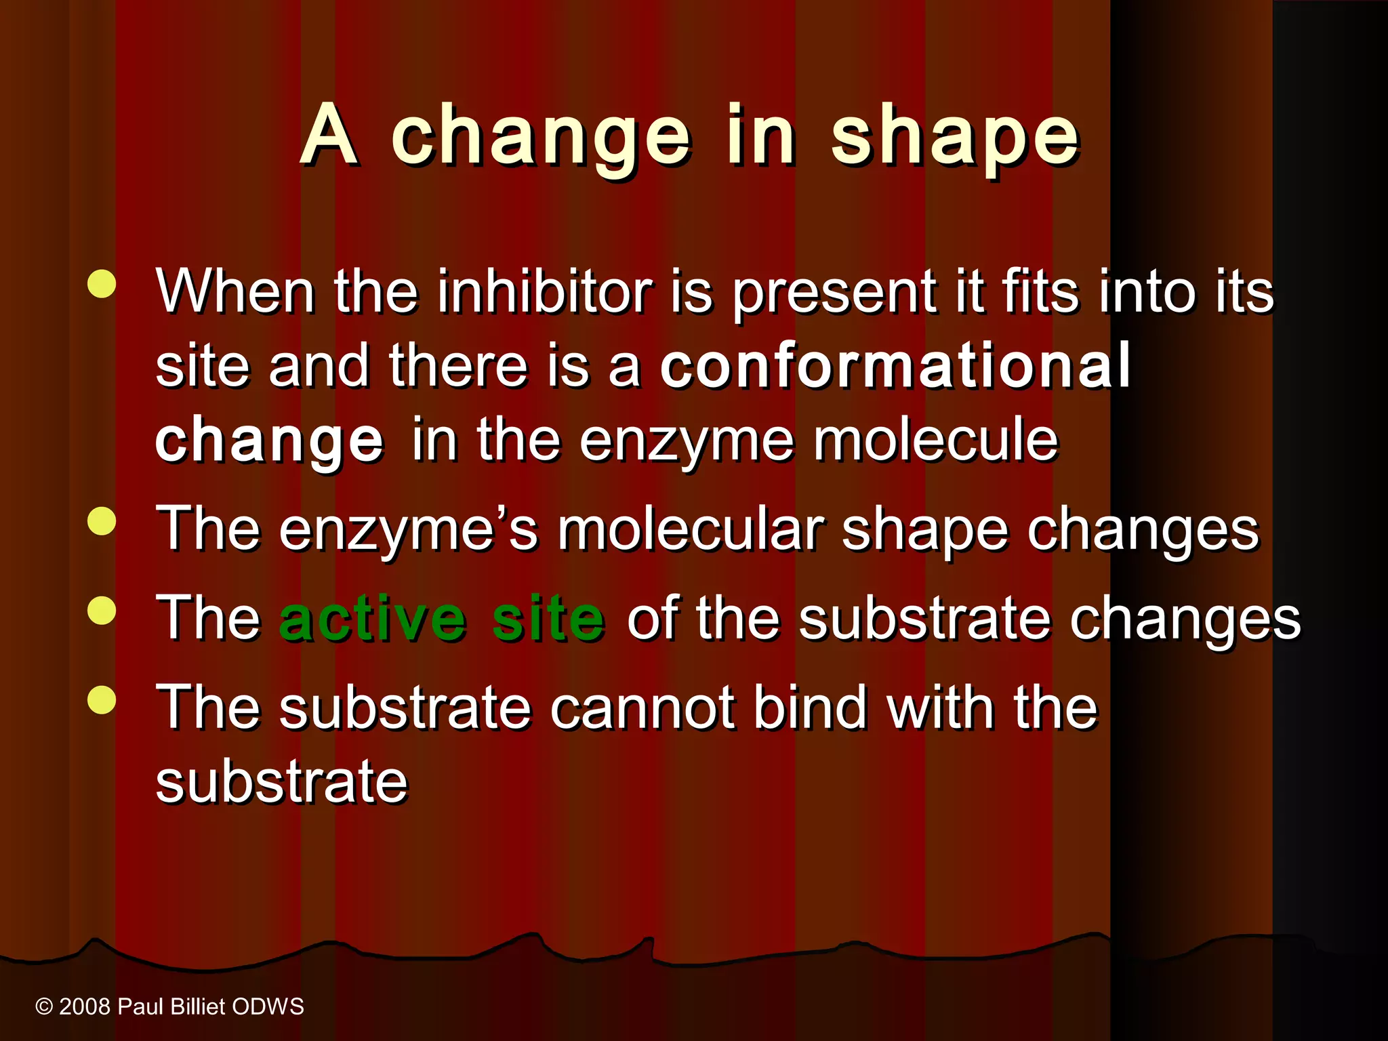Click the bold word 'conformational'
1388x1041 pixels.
coord(895,365)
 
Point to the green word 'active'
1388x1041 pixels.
coord(372,618)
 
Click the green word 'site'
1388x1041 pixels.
coord(548,618)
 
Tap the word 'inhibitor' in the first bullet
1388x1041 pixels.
coord(545,291)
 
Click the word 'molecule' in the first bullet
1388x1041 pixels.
coord(935,441)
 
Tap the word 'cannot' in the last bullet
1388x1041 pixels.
coord(642,708)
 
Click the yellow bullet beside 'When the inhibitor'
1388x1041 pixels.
coord(102,285)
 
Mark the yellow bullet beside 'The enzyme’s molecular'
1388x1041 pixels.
coord(102,522)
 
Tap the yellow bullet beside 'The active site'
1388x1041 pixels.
coord(102,611)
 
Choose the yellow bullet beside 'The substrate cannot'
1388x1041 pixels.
coord(102,700)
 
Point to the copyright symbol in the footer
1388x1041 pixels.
coord(44,1007)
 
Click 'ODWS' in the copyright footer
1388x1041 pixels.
coord(268,1007)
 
